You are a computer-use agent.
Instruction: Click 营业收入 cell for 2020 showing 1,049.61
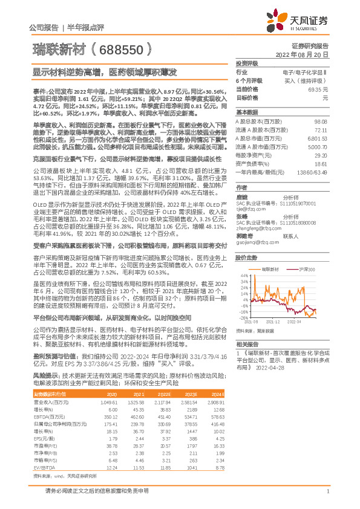point(91,401)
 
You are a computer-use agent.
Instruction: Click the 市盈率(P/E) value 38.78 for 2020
point(93,446)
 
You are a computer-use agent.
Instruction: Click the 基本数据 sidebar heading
point(245,112)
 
